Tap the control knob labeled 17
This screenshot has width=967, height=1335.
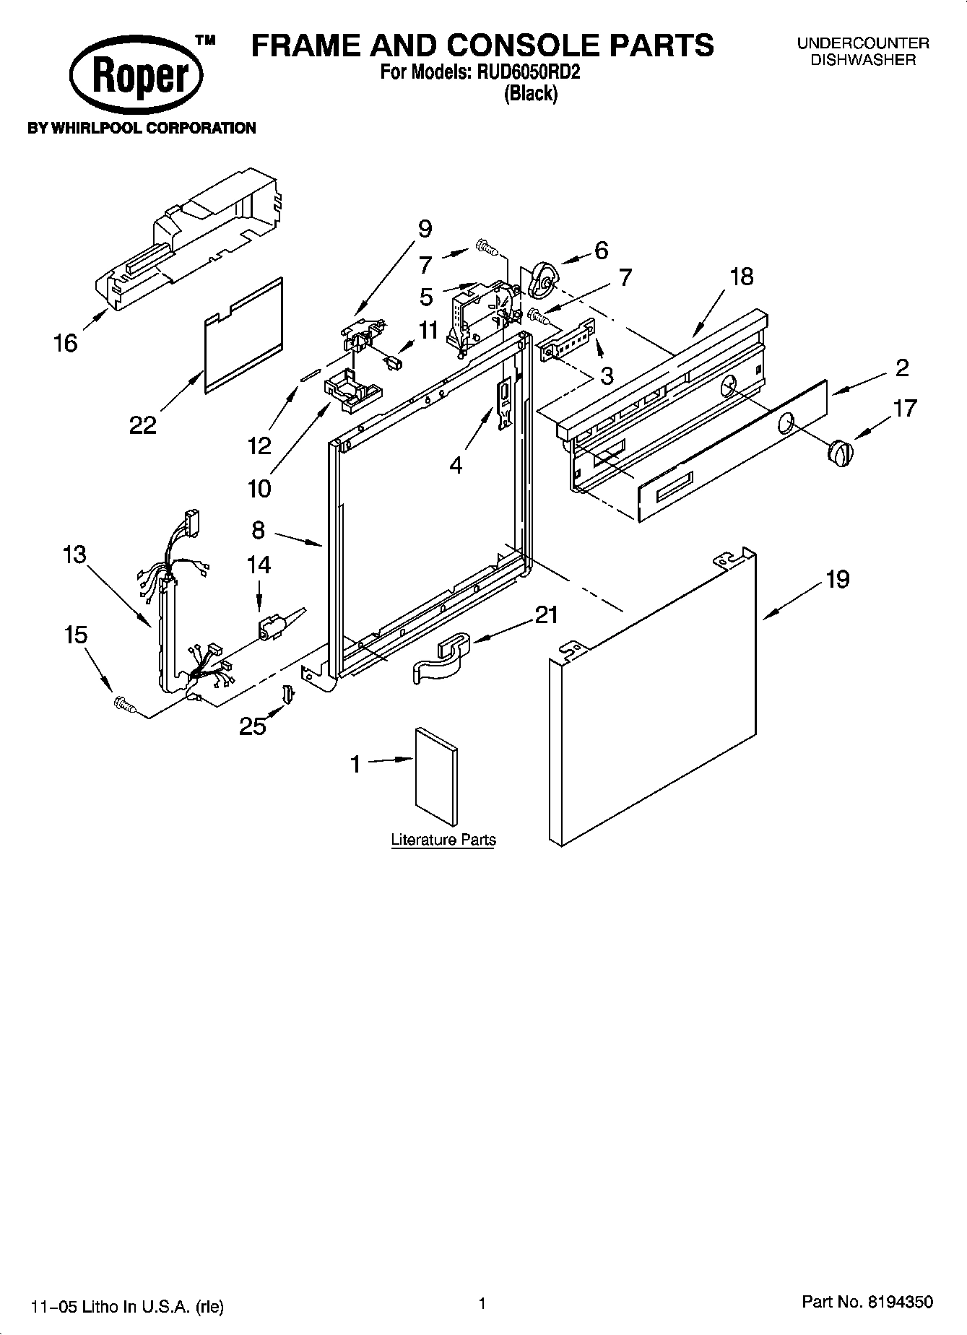point(838,453)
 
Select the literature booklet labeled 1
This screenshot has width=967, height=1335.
point(436,776)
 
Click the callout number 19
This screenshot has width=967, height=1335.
point(837,579)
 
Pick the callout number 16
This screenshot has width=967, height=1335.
point(65,342)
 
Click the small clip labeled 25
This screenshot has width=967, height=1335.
point(287,693)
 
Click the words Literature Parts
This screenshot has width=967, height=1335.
point(443,840)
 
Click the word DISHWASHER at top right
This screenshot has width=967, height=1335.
point(862,60)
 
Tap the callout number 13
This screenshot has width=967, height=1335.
point(74,555)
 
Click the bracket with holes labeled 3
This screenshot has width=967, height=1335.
point(569,340)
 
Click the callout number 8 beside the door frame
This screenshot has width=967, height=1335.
point(259,531)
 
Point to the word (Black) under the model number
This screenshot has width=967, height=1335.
point(531,93)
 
